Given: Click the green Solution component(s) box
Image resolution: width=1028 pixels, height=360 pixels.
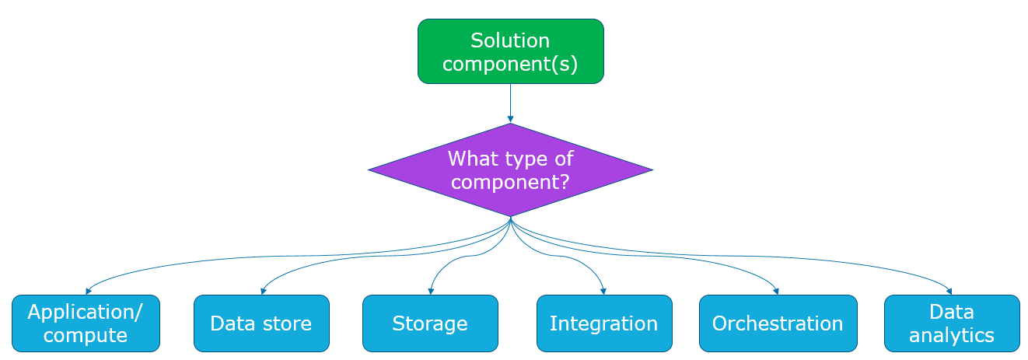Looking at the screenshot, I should (x=510, y=51).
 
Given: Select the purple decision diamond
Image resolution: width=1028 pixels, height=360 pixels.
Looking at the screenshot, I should (x=510, y=170).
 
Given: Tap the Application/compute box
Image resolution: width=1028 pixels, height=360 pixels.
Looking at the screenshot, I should (x=86, y=323).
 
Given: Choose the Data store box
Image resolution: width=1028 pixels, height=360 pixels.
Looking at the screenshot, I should (x=261, y=323).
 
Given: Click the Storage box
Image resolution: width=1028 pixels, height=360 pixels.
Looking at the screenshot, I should (x=430, y=323).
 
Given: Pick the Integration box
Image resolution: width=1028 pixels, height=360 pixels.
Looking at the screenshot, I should (x=603, y=323).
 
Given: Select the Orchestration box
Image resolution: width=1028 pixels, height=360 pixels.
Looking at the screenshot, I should (x=778, y=323).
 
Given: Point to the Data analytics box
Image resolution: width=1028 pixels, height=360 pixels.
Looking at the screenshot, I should (x=952, y=323).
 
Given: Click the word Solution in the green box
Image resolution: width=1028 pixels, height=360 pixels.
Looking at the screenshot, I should (x=510, y=40).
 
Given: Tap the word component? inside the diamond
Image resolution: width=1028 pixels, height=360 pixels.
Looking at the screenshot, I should (x=510, y=182).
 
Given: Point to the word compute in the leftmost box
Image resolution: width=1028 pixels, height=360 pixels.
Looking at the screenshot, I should (x=86, y=335).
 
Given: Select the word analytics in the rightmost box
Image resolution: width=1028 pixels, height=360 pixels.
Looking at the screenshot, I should (x=952, y=335).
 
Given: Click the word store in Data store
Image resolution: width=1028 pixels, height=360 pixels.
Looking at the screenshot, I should (x=285, y=323).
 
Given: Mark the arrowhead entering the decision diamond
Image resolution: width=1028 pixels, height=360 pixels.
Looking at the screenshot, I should (x=510, y=119).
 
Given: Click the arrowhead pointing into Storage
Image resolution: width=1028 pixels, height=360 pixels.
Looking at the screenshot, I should (x=430, y=291).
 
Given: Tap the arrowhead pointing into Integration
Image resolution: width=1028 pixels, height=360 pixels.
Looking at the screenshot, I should (x=603, y=291).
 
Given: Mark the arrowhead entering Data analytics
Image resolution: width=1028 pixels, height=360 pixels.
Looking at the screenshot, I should (x=949, y=291).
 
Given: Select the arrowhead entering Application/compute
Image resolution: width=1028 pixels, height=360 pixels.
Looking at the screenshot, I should (x=87, y=291).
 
